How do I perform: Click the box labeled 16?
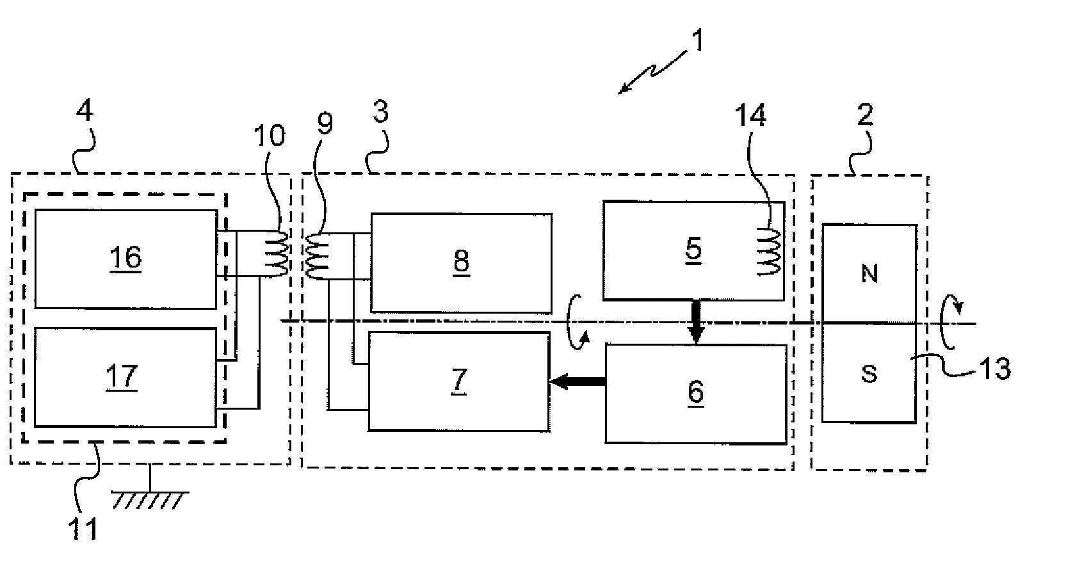125,259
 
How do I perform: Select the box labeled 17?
125,377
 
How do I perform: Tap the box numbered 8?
461,262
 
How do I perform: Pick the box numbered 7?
458,381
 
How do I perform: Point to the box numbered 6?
695,394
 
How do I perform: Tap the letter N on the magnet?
869,274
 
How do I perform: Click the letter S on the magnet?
869,374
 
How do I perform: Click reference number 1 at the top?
697,42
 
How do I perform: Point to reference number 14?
751,117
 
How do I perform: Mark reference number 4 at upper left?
84,113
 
